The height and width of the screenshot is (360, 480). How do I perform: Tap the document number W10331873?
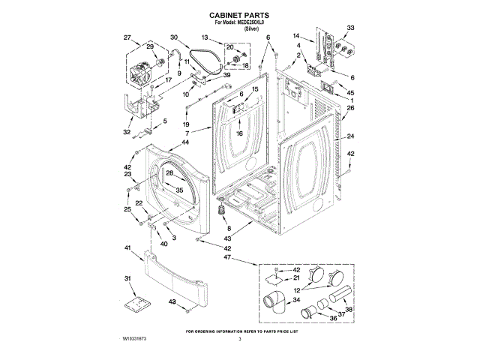(134, 340)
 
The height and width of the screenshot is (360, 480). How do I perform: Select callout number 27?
(127, 37)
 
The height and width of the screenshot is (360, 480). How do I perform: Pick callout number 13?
(204, 37)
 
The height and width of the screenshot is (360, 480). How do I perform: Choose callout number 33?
(349, 28)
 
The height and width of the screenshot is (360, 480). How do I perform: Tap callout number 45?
(349, 92)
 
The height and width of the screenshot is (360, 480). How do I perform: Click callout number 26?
(349, 108)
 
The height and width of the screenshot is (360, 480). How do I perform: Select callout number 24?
(349, 136)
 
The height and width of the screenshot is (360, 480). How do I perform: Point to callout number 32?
(127, 132)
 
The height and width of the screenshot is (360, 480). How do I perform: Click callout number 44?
(185, 142)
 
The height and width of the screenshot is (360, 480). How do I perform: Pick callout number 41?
(127, 247)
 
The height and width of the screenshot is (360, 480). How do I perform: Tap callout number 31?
(127, 278)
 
